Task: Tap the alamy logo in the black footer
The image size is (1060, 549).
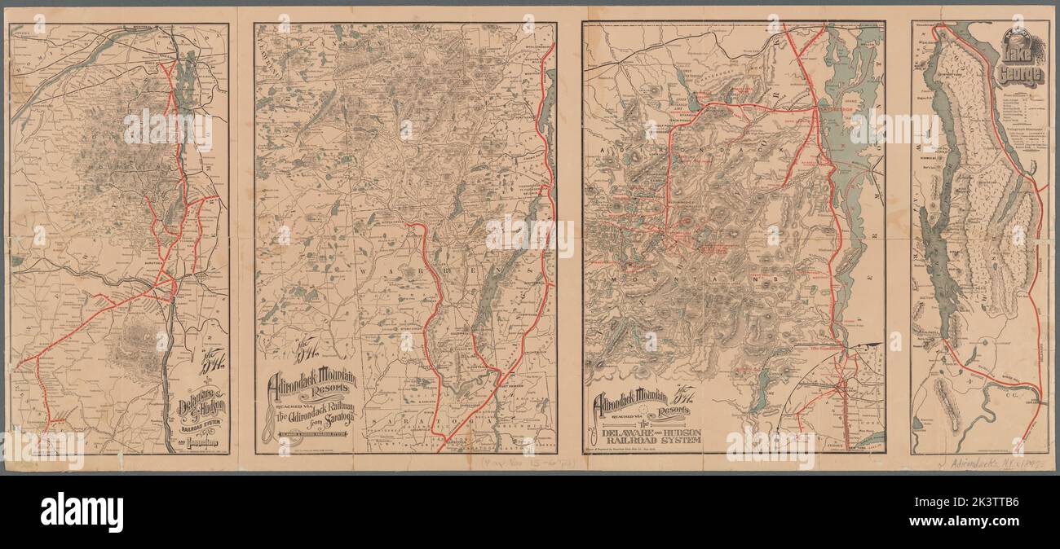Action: (x=82, y=512)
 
